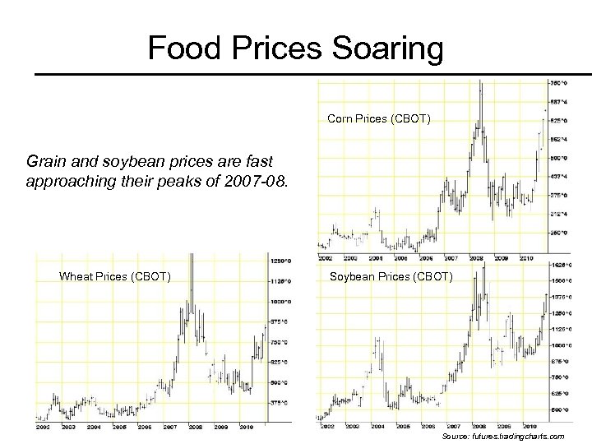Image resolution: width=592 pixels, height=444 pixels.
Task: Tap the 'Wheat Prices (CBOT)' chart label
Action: coord(115,276)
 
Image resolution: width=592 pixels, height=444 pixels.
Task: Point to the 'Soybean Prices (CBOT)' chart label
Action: coord(391,276)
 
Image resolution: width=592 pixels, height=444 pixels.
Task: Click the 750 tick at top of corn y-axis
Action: coord(557,83)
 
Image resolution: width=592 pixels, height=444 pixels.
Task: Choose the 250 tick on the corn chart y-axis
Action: coord(557,233)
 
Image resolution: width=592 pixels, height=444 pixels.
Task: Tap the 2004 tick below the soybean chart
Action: coord(378,426)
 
